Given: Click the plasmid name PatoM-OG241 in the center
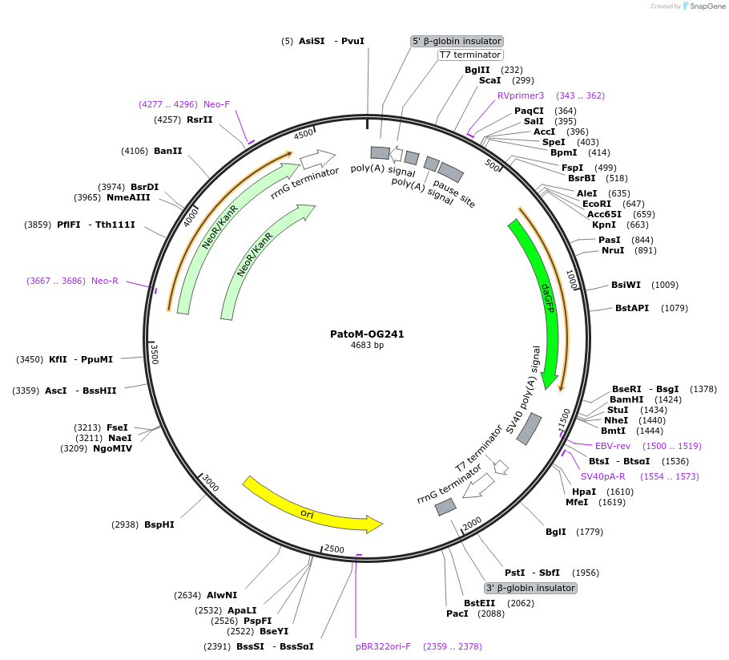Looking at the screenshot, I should point(367,334).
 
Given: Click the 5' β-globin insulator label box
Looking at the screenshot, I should point(457,41).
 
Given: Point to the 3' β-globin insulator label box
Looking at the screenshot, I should point(530,588).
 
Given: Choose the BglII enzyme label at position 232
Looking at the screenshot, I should point(477,70).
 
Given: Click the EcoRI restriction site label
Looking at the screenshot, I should point(597,204).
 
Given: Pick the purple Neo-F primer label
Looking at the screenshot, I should point(216,104).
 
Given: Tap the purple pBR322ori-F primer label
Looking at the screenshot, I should point(383,646).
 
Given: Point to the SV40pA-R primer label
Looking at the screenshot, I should point(603,476).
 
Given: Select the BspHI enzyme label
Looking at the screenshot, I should point(159,524).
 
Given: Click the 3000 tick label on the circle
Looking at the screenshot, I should point(211,483).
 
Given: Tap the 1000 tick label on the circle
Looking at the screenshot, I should point(571,280).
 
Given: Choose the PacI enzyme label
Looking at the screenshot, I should point(457,613).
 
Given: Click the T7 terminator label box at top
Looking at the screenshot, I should point(470,55).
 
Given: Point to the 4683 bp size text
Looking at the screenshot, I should point(367,346).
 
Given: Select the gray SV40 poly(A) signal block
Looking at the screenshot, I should point(529,429).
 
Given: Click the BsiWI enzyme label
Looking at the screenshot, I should point(626,285).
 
